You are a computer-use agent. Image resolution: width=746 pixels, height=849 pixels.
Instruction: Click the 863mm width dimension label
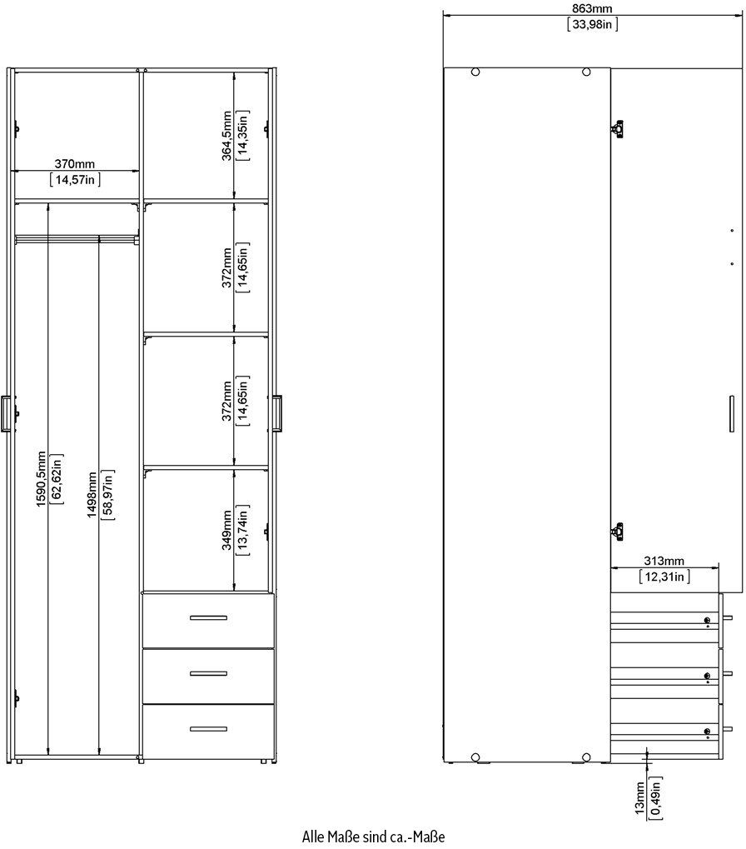592,8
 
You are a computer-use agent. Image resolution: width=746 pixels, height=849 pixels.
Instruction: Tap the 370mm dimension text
75,163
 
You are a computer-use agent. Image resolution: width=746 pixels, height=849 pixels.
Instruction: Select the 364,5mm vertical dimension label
226,136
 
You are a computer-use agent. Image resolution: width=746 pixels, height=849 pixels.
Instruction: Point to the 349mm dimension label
226,530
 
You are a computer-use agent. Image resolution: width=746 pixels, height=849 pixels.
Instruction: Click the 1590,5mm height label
42,478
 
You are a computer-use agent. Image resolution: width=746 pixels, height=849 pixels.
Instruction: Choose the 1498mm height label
92,495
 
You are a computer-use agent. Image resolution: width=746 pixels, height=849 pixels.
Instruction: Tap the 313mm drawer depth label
664,561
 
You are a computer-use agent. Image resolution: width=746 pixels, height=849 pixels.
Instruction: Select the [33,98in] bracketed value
592,24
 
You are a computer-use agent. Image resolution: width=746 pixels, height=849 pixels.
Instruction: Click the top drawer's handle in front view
208,618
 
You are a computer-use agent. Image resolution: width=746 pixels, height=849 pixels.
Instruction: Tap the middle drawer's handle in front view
208,673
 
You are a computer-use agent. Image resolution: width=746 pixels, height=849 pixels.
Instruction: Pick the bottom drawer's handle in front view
208,729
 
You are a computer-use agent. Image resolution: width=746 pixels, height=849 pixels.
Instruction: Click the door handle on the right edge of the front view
277,413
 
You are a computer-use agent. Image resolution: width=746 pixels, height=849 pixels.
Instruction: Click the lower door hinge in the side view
617,532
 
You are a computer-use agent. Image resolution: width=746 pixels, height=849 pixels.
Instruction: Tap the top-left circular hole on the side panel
475,72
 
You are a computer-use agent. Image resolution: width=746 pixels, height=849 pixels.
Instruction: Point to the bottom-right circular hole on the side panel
586,757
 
